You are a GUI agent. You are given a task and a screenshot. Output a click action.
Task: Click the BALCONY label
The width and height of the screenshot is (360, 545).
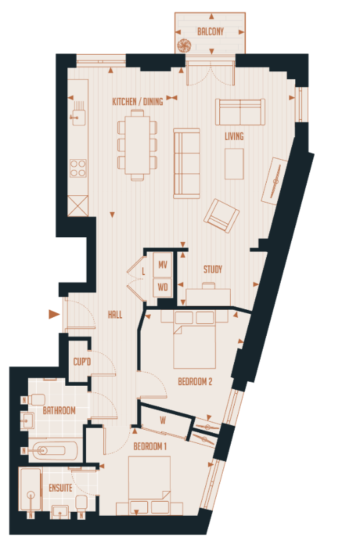pos(211,31)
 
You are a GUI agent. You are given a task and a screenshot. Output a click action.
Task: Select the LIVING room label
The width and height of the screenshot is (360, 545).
pos(234,137)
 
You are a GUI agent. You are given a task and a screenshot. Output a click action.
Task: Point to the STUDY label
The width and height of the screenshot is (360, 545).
pos(213,270)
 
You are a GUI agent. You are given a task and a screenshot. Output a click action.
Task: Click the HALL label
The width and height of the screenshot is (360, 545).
pos(115,315)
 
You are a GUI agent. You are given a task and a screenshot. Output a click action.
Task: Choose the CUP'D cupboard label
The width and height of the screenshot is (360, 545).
pos(82,361)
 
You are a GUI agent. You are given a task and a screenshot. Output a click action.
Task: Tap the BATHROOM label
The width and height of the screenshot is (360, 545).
pos(59,411)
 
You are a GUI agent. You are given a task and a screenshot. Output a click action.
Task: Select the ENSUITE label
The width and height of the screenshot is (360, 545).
pos(60,488)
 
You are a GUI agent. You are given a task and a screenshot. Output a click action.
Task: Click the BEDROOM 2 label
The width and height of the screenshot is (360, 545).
pos(195,382)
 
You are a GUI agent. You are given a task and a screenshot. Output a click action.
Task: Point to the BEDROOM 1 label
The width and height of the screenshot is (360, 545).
pos(150,445)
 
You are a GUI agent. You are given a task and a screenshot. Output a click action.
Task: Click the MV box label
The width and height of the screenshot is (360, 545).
pos(163,265)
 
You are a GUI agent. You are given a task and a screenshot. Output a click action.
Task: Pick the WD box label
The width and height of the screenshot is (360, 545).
pos(163,288)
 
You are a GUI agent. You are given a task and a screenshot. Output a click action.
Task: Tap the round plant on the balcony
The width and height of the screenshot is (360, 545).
pos(185,45)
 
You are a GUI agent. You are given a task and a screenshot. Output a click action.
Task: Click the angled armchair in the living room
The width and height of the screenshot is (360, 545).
pos(221,215)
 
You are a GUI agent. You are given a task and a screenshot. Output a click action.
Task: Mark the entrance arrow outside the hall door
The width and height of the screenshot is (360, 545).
pos(54,314)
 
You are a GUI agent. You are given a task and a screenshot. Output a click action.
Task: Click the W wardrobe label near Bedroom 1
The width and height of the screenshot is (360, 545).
pos(163,420)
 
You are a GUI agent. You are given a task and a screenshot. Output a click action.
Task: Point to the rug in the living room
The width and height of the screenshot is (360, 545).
pos(234,164)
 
